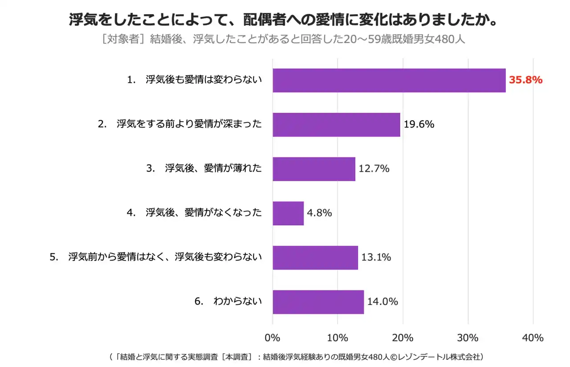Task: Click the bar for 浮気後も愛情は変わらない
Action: tap(389, 80)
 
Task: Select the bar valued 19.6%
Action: tap(336, 125)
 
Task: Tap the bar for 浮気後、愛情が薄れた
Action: tap(314, 169)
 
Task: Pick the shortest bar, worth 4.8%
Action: tap(288, 213)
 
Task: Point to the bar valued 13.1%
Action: tap(315, 257)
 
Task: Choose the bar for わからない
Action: tap(318, 302)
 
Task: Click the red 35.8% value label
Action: tap(525, 80)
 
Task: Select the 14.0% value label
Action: tap(383, 302)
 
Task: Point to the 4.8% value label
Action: tap(319, 213)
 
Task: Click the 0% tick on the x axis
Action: tap(273, 338)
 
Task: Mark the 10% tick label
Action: tap(338, 338)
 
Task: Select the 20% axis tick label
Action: tap(403, 338)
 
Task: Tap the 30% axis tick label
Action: tap(468, 338)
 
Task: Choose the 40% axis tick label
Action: tap(533, 338)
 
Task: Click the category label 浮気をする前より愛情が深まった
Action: tap(180, 125)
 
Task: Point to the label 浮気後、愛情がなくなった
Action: tap(194, 213)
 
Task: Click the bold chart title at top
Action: tap(283, 20)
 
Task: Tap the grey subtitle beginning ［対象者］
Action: tap(283, 39)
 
